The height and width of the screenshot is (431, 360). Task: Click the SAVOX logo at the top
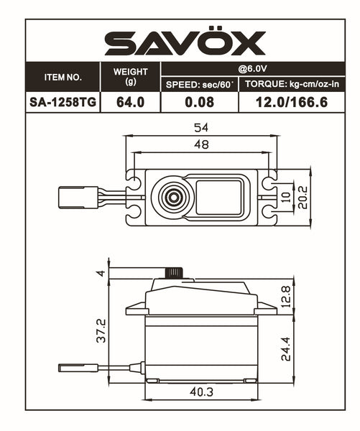(185, 44)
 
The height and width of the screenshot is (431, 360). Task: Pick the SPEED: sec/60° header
(200, 85)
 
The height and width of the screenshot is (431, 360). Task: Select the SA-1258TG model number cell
(63, 103)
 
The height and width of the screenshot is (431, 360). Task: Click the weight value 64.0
(130, 103)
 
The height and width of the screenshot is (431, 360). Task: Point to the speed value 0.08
(200, 103)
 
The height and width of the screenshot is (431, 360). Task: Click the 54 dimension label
(200, 127)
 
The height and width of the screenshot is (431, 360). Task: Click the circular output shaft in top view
(172, 196)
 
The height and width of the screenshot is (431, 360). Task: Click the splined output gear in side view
(173, 273)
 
